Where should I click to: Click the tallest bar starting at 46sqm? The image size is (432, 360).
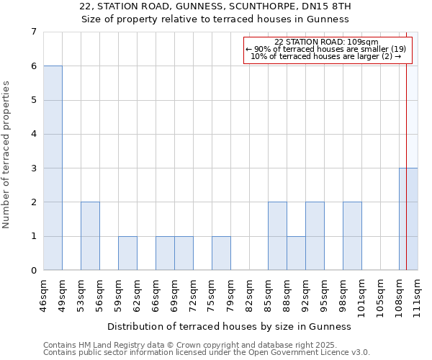click(x=53, y=168)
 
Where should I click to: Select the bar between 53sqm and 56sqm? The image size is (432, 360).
click(x=90, y=236)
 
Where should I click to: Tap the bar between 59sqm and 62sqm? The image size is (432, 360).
click(x=127, y=253)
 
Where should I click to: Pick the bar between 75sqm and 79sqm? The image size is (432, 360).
click(x=221, y=253)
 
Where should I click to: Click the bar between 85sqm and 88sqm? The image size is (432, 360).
click(x=277, y=236)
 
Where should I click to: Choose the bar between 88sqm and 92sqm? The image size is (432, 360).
click(x=296, y=253)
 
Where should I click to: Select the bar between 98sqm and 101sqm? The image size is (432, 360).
click(x=352, y=236)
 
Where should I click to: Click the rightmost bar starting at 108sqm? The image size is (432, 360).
click(x=408, y=219)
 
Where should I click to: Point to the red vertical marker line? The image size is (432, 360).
click(x=406, y=144)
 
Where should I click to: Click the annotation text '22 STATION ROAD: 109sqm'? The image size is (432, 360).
click(x=326, y=42)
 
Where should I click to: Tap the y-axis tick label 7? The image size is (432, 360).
click(x=33, y=32)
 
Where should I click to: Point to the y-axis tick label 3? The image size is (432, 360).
click(x=33, y=168)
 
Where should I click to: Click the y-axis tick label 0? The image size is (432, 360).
click(x=33, y=271)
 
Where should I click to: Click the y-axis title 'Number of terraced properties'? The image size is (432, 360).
click(x=7, y=155)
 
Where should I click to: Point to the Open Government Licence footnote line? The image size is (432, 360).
click(x=207, y=352)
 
